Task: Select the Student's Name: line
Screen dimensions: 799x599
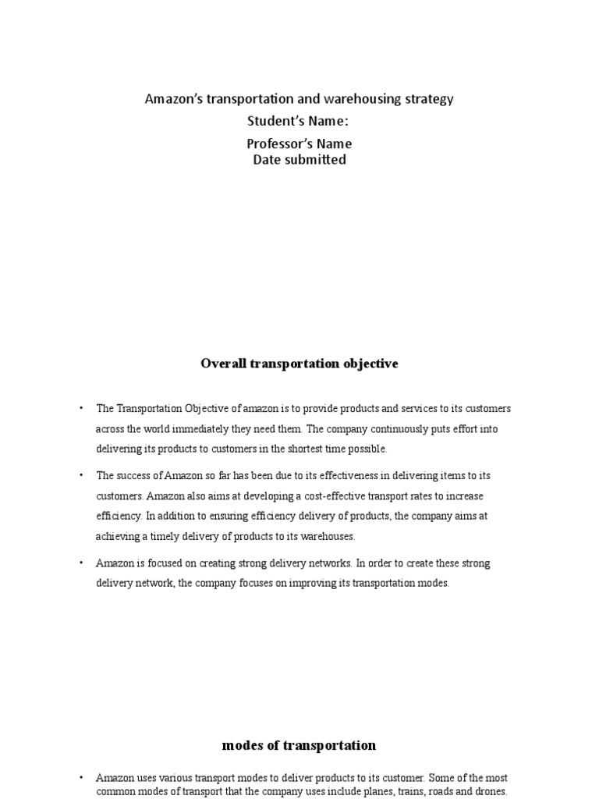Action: [x=299, y=121]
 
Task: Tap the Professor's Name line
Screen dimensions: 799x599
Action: [x=299, y=144]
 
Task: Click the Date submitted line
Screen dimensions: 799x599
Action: [x=299, y=160]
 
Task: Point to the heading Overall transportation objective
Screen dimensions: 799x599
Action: [x=299, y=364]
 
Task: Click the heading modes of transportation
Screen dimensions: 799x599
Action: [x=299, y=745]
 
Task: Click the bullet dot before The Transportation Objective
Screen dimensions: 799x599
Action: [x=80, y=408]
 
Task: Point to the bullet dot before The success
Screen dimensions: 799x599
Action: [x=80, y=475]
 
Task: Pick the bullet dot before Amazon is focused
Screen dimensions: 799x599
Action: [x=80, y=563]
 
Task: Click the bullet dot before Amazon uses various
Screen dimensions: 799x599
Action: [x=80, y=778]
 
